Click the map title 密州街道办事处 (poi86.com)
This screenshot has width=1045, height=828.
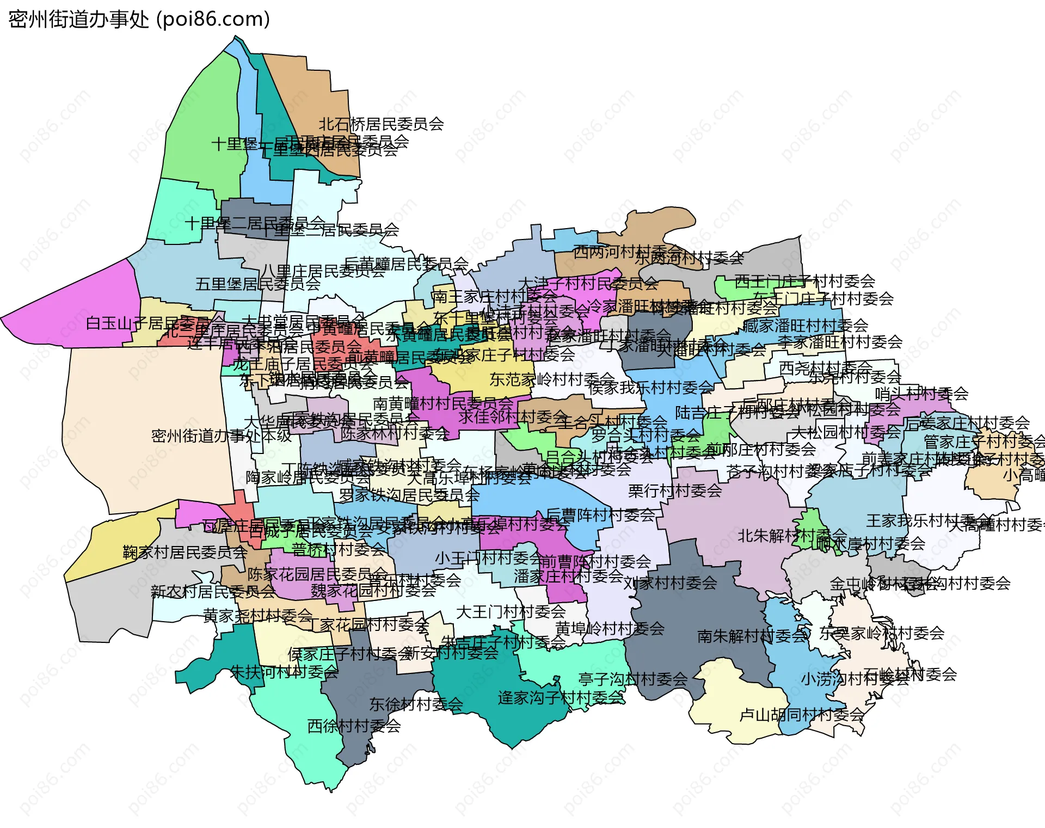coord(139,20)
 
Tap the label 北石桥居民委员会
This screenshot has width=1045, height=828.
coord(381,124)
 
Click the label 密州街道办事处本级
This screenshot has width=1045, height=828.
coord(222,436)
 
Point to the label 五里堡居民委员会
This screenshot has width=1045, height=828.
coord(258,284)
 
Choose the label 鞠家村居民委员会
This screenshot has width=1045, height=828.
coord(185,553)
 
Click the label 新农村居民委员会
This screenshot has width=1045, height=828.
coord(213,591)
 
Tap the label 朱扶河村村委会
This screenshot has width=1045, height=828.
coord(284,672)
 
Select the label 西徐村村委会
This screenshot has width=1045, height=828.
coord(354,726)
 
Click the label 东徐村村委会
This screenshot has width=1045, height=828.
coord(416,704)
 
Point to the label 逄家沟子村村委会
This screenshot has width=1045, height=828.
coord(561,697)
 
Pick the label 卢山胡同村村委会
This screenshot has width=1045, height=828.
coord(802,715)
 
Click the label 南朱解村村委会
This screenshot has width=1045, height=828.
coord(752,636)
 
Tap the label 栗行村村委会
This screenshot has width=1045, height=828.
coord(675,491)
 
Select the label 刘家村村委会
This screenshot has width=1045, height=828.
coord(670,584)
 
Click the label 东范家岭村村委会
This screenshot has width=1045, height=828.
coord(552,379)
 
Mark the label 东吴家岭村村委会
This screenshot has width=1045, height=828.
coord(882,633)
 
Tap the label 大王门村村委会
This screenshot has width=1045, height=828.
coord(511,612)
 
